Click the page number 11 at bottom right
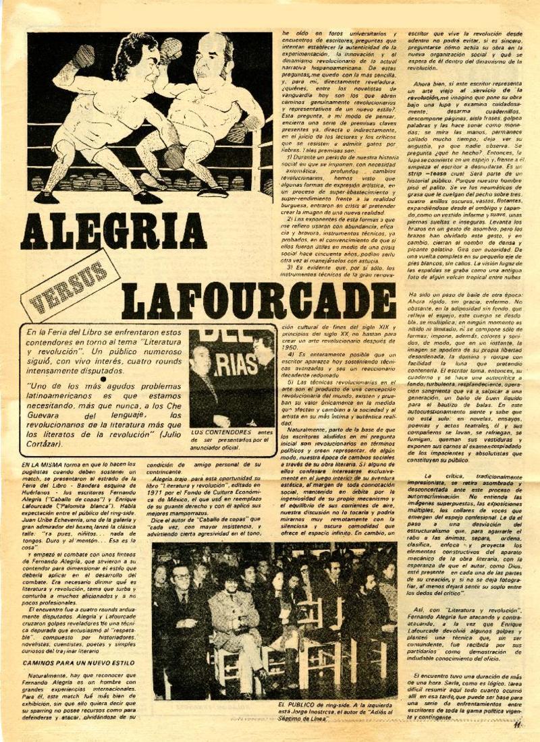coord(517,725)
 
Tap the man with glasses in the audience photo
coord(181,593)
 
